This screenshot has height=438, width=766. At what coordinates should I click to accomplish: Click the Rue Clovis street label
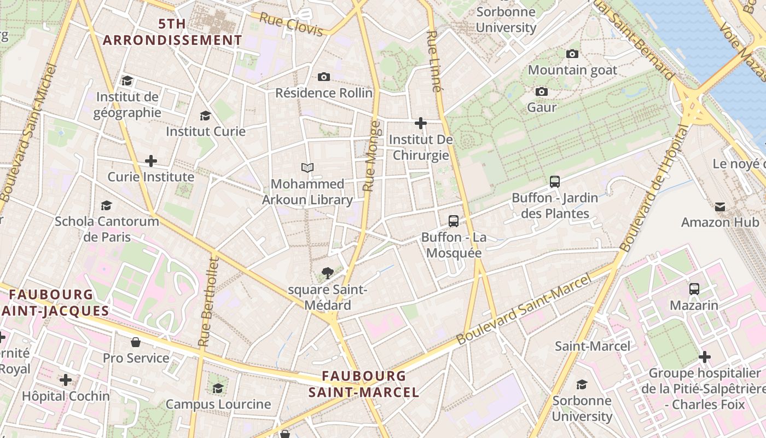coord(291,25)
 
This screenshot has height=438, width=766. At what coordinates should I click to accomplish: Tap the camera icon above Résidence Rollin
coord(324,77)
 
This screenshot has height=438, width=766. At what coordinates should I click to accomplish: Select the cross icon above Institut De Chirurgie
coord(420,123)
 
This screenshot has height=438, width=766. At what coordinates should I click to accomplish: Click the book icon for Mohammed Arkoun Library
coord(307,168)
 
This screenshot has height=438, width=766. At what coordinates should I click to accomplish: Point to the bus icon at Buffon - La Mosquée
coord(454,221)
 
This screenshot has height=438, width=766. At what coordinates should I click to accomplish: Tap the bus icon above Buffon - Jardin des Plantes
coord(554,182)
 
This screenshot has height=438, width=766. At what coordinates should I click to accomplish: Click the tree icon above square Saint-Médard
coord(328,272)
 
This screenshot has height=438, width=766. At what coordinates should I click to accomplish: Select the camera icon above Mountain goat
coord(572,54)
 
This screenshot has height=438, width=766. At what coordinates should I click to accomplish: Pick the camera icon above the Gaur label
coord(542,91)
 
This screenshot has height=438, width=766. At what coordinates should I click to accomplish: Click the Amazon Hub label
coord(720,222)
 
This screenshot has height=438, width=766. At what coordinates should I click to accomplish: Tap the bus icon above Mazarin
coord(694,289)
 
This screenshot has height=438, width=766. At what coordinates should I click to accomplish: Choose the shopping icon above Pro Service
coord(136,342)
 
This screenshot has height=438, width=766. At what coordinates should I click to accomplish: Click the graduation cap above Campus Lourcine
coord(218,388)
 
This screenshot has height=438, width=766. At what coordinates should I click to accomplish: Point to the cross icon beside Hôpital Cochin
coord(66,380)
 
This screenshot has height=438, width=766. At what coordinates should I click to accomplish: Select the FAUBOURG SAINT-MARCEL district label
coord(364,384)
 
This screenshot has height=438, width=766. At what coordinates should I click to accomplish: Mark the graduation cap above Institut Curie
coord(206,116)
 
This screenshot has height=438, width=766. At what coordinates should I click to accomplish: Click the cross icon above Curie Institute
coord(150,161)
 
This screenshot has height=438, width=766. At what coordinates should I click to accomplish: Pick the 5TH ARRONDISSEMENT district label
coord(172,32)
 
